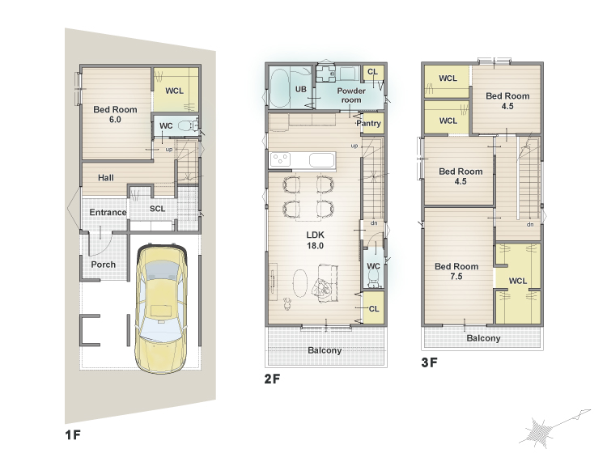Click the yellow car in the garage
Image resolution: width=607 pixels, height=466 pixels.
tap(161, 308)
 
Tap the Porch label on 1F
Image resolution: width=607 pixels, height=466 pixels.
tap(104, 265)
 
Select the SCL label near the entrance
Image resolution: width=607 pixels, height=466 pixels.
tap(158, 209)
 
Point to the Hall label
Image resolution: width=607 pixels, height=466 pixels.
tap(106, 178)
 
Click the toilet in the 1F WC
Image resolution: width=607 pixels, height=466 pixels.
tap(188, 125)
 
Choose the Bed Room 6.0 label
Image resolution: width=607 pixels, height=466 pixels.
tap(115, 115)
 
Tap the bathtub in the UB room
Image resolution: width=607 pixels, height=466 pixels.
tap(279, 88)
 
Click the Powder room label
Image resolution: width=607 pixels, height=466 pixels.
tap(351, 95)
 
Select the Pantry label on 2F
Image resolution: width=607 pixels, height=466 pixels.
tap(369, 124)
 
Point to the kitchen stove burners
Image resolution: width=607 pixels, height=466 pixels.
tap(280, 159)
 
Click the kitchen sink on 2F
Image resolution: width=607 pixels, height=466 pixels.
tap(321, 160)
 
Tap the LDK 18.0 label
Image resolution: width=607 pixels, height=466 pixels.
tap(315, 240)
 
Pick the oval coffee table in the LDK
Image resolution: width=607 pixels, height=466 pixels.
tap(300, 283)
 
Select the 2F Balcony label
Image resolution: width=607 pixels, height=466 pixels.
tap(325, 350)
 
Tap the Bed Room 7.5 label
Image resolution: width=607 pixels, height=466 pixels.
tap(456, 271)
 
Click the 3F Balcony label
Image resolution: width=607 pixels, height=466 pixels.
tap(483, 338)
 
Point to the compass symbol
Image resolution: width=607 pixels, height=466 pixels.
tap(554, 428)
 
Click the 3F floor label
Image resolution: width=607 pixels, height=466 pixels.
tap(429, 362)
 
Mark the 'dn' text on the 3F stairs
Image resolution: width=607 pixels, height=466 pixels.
tap(530, 224)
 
